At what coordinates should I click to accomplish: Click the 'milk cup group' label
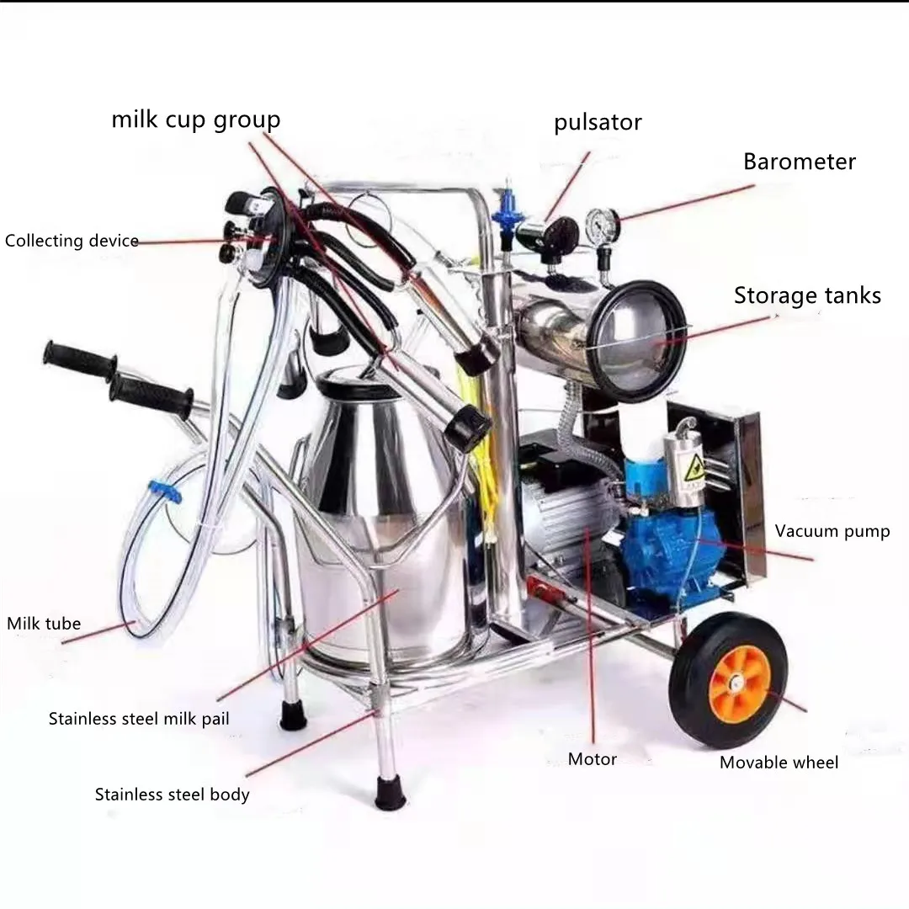(x=195, y=120)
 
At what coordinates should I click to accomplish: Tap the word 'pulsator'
(x=598, y=123)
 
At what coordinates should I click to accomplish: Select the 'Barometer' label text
(x=799, y=162)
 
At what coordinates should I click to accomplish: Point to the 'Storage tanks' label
(x=807, y=295)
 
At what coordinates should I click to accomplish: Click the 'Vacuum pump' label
(x=832, y=531)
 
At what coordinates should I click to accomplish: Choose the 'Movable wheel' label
(x=779, y=763)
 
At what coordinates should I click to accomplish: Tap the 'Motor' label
(x=592, y=759)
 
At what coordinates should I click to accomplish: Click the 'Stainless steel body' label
(x=172, y=794)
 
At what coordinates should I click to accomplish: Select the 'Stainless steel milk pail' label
(x=139, y=719)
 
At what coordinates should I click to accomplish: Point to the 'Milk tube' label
(x=44, y=624)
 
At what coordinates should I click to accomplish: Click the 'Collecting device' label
(x=72, y=241)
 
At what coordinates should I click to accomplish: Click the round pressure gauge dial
(x=601, y=225)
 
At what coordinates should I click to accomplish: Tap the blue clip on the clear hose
(x=166, y=492)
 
